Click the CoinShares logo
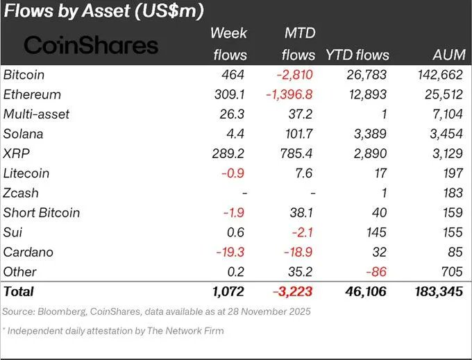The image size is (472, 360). pyautogui.click(x=91, y=45)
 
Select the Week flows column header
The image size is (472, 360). pyautogui.click(x=228, y=43)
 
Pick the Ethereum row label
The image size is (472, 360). pyautogui.click(x=32, y=94)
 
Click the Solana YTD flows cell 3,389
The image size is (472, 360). pyautogui.click(x=370, y=134)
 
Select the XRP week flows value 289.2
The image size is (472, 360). pyautogui.click(x=230, y=153)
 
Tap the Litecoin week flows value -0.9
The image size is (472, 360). pyautogui.click(x=235, y=173)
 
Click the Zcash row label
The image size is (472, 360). pyautogui.click(x=23, y=193)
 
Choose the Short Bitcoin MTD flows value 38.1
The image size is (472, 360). pyautogui.click(x=302, y=212)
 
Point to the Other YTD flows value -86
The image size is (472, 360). pyautogui.click(x=377, y=271)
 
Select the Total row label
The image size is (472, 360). pyautogui.click(x=19, y=292)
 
